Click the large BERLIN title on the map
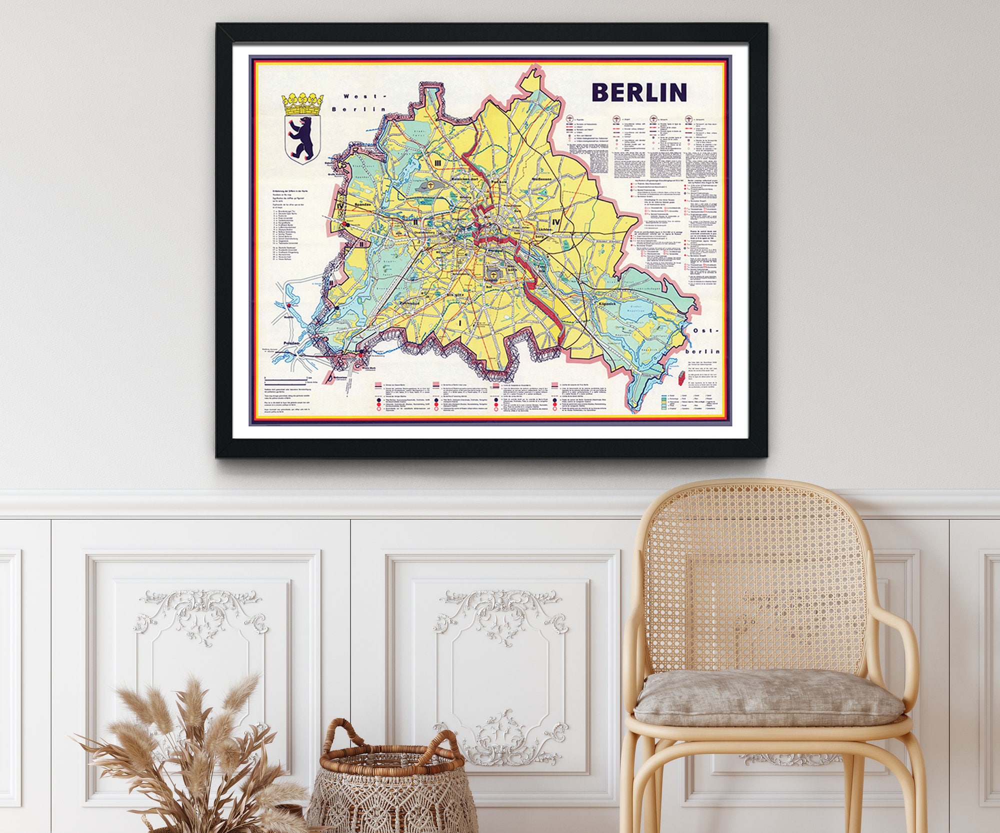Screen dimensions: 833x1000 coord(639,92)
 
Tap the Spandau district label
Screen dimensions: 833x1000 coord(363,204)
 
